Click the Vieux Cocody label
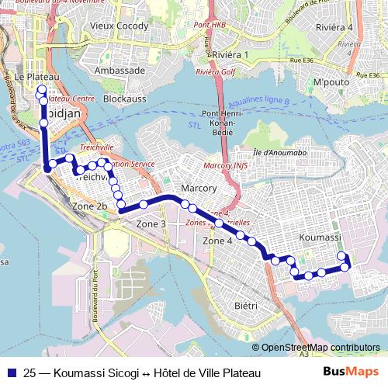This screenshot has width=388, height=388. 119,26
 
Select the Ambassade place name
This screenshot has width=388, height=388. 119,70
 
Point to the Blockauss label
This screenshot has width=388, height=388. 124,99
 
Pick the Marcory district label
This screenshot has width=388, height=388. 198,189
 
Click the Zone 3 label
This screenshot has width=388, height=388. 151,223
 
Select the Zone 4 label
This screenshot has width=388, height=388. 217,241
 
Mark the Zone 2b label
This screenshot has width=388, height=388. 88,206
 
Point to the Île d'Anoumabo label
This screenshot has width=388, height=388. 279,151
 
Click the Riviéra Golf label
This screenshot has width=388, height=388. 217,71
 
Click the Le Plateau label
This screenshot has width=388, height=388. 36,77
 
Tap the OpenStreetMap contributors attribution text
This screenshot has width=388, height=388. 320,348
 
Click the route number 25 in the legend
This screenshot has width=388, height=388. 30,373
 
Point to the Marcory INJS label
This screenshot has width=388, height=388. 224,165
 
